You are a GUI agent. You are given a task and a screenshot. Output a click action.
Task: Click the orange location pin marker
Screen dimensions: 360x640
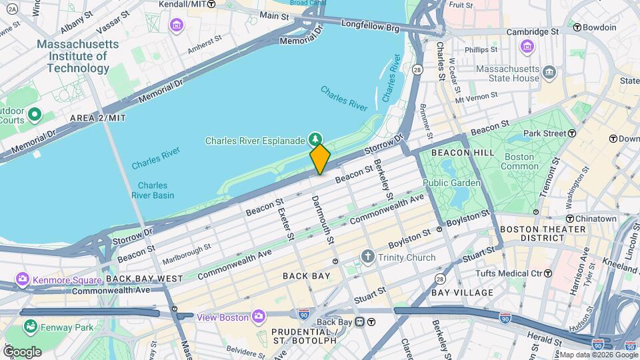point(320,158)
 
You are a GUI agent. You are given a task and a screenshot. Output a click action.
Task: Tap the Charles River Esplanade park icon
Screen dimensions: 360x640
point(317,139)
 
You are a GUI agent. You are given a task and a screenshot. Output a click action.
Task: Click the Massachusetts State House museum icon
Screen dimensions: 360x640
point(549,71)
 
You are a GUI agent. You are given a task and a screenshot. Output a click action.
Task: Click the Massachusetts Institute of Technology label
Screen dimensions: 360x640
point(78,57)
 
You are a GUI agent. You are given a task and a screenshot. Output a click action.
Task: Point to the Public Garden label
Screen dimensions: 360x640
point(451,183)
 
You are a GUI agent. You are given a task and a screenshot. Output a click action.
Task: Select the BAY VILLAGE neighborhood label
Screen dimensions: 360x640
point(462,292)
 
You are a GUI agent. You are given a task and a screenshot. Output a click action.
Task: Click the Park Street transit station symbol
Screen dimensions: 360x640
point(572,133)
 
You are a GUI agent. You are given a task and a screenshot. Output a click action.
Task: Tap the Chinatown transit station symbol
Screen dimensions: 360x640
point(571,219)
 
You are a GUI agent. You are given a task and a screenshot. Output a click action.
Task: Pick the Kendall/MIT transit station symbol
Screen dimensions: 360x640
point(211,4)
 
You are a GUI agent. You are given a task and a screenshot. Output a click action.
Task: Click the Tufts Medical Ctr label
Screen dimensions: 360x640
point(509,273)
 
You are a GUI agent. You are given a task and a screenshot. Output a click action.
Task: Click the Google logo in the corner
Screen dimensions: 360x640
point(22,351)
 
